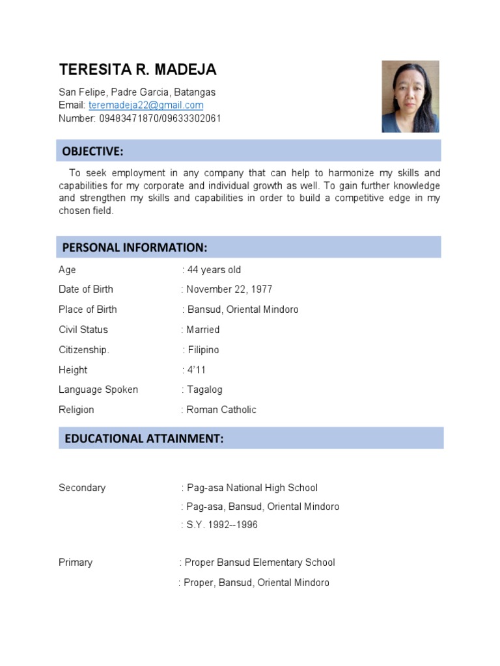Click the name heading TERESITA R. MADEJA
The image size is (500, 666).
pos(137,70)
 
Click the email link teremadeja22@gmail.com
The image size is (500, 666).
pos(146,105)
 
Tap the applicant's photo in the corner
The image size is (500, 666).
pos(410,97)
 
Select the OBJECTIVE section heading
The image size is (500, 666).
pos(92,152)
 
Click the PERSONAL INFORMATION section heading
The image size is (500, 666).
pos(135,248)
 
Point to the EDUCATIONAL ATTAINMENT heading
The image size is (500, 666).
pos(144,439)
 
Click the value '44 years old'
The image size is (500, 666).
pos(214,270)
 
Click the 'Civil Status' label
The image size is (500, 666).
pos(83,330)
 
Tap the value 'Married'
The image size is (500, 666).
pos(202,330)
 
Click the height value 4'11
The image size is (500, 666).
pos(196,370)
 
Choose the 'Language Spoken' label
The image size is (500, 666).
pos(98,390)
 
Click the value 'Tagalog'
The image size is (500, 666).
pos(204,390)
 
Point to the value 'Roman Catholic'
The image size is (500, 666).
pos(221,410)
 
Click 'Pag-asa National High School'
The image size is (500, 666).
pos(252,488)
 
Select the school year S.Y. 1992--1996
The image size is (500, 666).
pos(221,525)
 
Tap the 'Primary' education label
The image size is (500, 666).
pos(76,563)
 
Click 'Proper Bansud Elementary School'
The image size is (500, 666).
pos(259,563)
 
